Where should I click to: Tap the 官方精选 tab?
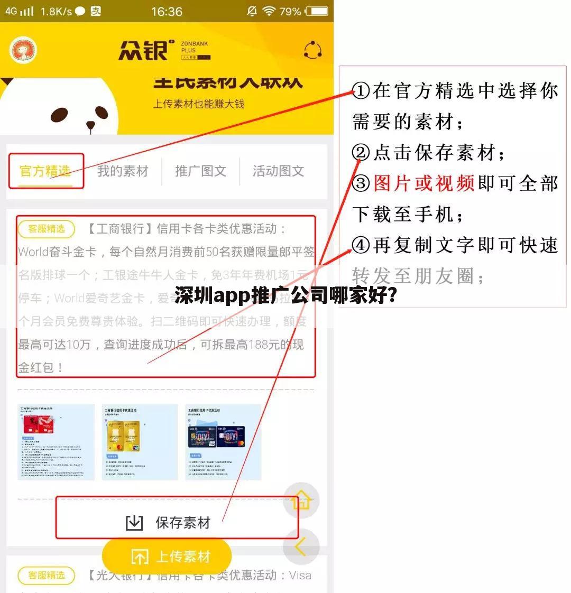(45, 171)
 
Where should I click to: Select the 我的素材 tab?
(123, 171)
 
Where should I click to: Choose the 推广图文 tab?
(200, 171)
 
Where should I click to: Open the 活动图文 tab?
(278, 171)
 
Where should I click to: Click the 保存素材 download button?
(169, 523)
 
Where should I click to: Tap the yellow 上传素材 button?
(167, 557)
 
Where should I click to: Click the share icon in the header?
(313, 51)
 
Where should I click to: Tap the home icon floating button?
(301, 499)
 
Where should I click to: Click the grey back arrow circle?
(301, 547)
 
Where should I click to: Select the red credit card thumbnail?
(56, 442)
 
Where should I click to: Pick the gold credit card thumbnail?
(140, 442)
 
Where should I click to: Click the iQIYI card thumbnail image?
(223, 442)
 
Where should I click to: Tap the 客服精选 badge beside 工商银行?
(47, 229)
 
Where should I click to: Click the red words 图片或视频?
(423, 183)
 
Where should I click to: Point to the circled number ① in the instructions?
(362, 91)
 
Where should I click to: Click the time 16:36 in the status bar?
(167, 11)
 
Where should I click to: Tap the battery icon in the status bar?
(317, 11)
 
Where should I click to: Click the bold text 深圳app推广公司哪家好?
(286, 295)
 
